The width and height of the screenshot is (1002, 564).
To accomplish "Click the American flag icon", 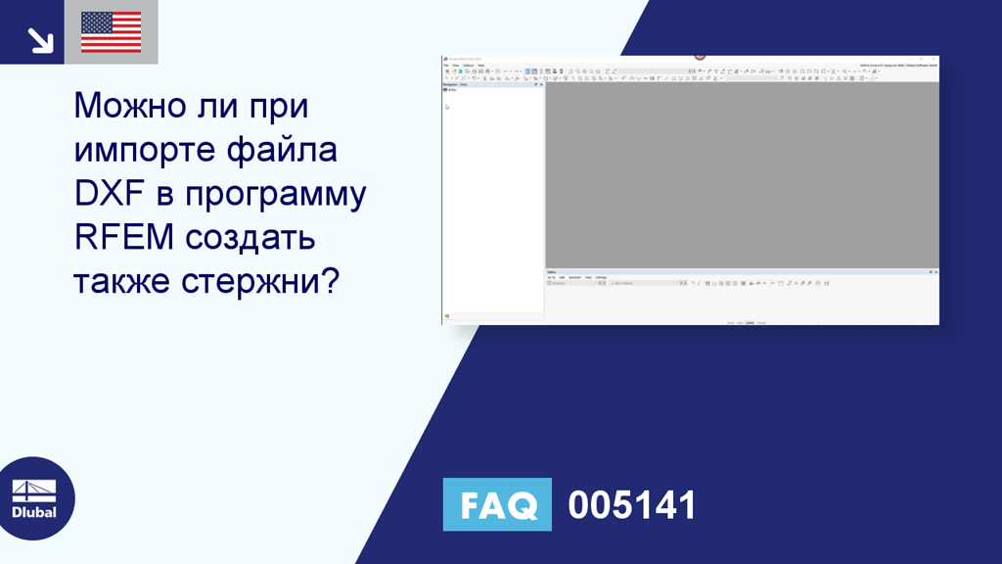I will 111,32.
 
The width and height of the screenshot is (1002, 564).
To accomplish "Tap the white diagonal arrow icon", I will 40,39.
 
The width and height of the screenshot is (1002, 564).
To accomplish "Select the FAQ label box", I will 497,504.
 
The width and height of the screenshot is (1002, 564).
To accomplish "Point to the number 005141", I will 632,505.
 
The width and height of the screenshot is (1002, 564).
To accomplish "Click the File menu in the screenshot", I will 445,66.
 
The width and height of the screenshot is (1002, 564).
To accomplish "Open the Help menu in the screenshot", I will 480,66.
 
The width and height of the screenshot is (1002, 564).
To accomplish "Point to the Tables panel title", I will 553,271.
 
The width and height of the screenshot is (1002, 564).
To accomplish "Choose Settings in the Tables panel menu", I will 601,277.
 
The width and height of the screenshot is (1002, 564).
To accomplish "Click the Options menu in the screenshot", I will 468,66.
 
